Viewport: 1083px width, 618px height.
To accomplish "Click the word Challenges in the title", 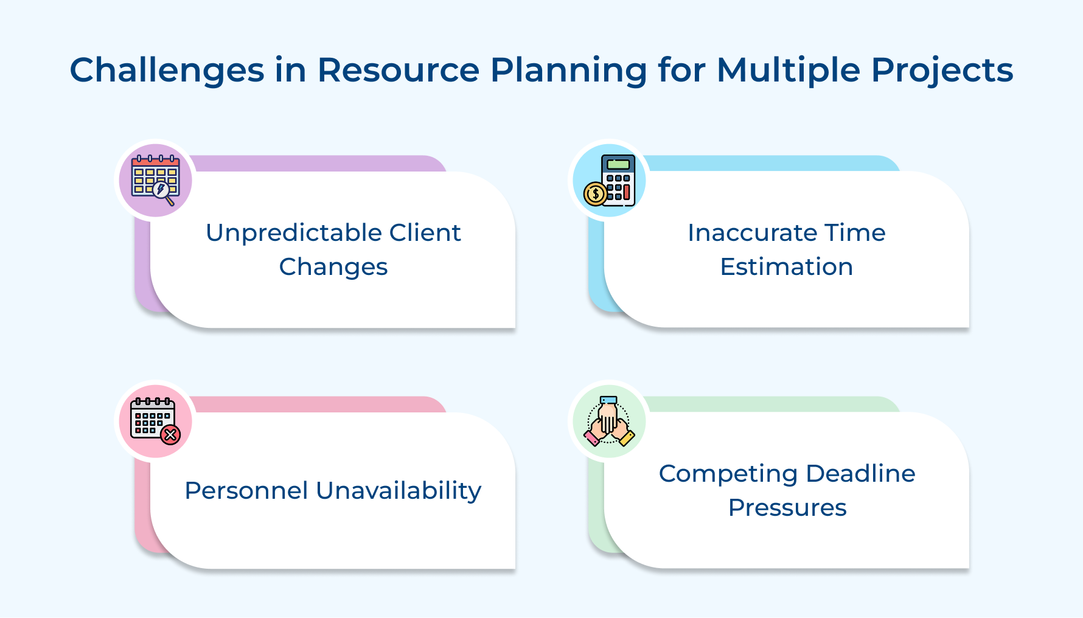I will coord(167,71).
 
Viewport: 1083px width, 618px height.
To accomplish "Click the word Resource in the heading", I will coord(399,69).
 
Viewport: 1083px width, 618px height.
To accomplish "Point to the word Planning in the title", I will coord(569,71).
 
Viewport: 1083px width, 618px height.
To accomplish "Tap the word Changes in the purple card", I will coord(333,267).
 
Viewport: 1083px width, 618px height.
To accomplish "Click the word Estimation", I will coord(786,267).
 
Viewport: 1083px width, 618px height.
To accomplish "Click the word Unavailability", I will coord(399,490).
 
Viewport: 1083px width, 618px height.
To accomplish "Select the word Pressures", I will coord(787,508).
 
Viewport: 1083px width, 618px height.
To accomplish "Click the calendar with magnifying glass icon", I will coord(155,180).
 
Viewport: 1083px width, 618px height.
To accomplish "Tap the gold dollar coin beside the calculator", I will coord(594,194).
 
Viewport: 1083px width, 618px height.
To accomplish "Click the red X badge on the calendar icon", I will coord(171,435).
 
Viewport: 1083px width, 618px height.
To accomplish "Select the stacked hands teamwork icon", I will coord(609,421).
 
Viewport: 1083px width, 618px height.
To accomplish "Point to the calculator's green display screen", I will coord(618,164).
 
